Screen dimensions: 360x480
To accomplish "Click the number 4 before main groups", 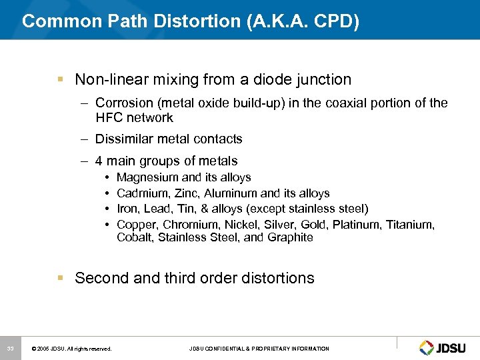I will pyautogui.click(x=99, y=161).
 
